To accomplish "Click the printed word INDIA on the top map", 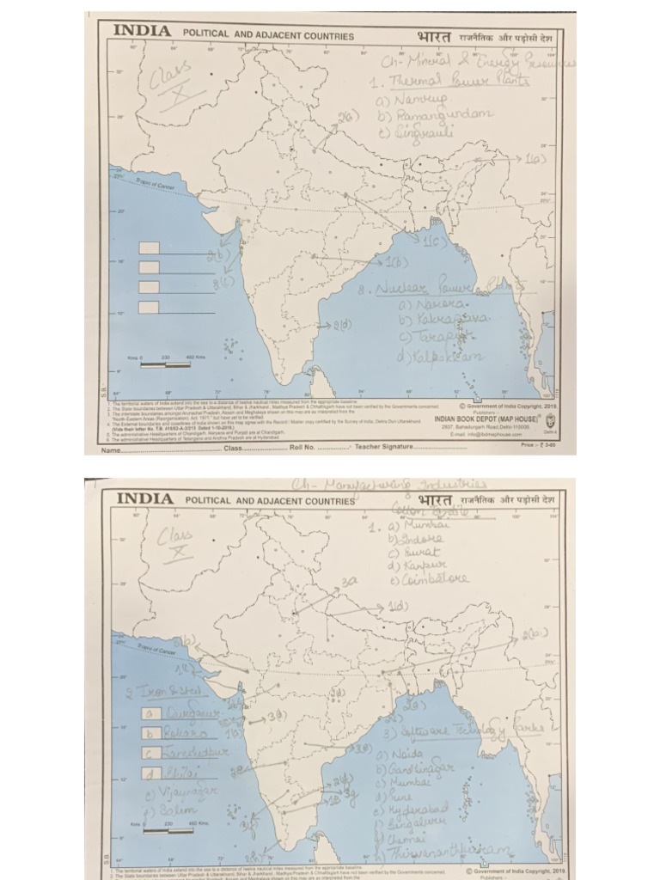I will pyautogui.click(x=142, y=31).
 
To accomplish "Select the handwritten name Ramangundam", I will pyautogui.click(x=436, y=114).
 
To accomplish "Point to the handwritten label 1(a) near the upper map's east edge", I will pyautogui.click(x=535, y=159).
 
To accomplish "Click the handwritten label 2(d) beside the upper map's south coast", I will pyautogui.click(x=341, y=325).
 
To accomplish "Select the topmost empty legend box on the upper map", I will pyautogui.click(x=149, y=247).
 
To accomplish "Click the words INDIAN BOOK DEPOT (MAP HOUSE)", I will pyautogui.click(x=488, y=419).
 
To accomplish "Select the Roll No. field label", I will pyautogui.click(x=302, y=447).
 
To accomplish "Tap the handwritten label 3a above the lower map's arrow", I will pyautogui.click(x=349, y=582).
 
